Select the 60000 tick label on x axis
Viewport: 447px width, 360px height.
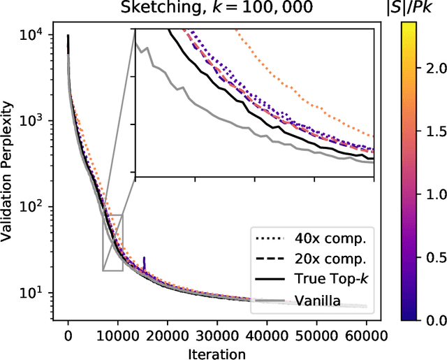pos(366,334)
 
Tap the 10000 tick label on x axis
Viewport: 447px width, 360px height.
pos(116,334)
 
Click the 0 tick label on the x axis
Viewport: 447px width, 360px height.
pos(68,334)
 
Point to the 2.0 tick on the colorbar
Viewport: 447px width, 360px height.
pos(434,68)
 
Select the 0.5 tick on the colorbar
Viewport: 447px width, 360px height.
pos(434,257)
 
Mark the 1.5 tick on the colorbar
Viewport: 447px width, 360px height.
pos(434,131)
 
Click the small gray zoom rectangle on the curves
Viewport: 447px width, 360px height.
pos(112,243)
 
